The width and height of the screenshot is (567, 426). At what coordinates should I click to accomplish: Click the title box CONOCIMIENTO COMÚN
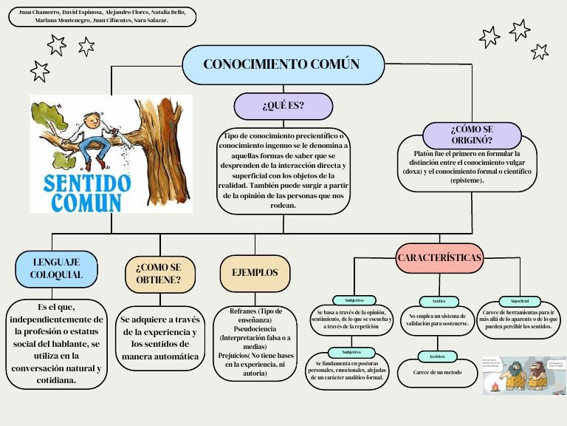coord(281,64)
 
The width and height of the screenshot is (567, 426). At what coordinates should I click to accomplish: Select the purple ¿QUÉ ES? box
coord(283,106)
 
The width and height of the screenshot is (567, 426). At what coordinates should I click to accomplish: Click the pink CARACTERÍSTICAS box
coord(439,258)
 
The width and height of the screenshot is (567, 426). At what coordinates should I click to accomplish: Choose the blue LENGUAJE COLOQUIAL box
coord(56,268)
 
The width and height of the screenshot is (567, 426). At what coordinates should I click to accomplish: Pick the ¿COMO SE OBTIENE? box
coord(159,273)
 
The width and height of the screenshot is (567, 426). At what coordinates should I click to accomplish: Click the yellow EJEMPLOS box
coord(255,272)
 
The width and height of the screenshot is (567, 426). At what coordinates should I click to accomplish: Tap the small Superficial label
coord(520,301)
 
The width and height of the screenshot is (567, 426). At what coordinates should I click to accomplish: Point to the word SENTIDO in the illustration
coord(87,183)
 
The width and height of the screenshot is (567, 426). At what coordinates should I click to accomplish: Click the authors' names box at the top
coord(102,16)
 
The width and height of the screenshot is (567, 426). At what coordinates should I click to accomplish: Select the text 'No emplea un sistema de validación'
coord(437,319)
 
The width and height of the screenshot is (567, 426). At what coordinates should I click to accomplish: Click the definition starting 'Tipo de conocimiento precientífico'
coord(283,170)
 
